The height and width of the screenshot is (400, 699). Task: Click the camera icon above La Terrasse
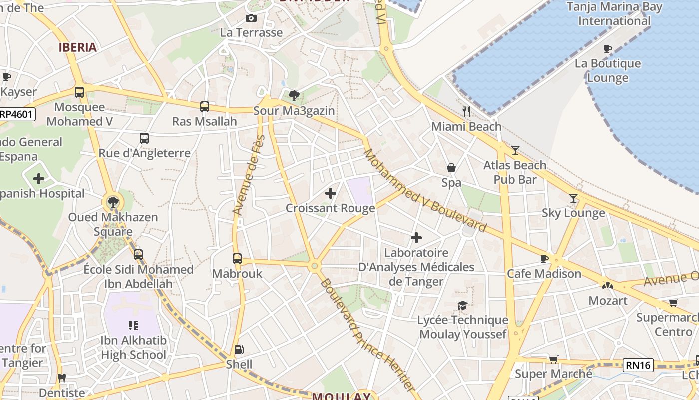tap(251, 18)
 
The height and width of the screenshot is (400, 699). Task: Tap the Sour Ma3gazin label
tap(294, 111)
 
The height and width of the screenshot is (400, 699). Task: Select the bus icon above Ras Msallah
tap(205, 106)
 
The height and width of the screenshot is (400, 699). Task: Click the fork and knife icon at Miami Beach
tap(466, 112)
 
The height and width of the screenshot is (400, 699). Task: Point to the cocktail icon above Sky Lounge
tap(573, 198)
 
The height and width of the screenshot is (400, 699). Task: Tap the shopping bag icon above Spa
tap(451, 168)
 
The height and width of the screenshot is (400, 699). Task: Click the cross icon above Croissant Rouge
tap(330, 193)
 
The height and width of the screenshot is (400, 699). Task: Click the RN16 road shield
tap(638, 365)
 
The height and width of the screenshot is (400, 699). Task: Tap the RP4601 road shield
tap(17, 114)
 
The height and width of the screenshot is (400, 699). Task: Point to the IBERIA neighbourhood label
tap(77, 48)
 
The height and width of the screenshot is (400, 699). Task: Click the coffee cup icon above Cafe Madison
tap(544, 259)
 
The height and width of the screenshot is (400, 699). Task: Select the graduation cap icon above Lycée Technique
tap(463, 305)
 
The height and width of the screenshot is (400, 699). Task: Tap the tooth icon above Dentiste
tap(62, 378)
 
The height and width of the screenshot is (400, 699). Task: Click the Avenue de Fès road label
tap(248, 175)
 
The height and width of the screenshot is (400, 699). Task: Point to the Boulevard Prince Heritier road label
tap(367, 335)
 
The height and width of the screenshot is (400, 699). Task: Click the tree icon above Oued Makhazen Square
tap(113, 202)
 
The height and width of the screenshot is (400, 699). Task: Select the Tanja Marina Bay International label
tap(614, 14)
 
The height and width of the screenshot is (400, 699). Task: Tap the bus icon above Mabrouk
tap(237, 259)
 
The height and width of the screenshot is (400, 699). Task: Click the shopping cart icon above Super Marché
tap(553, 359)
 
